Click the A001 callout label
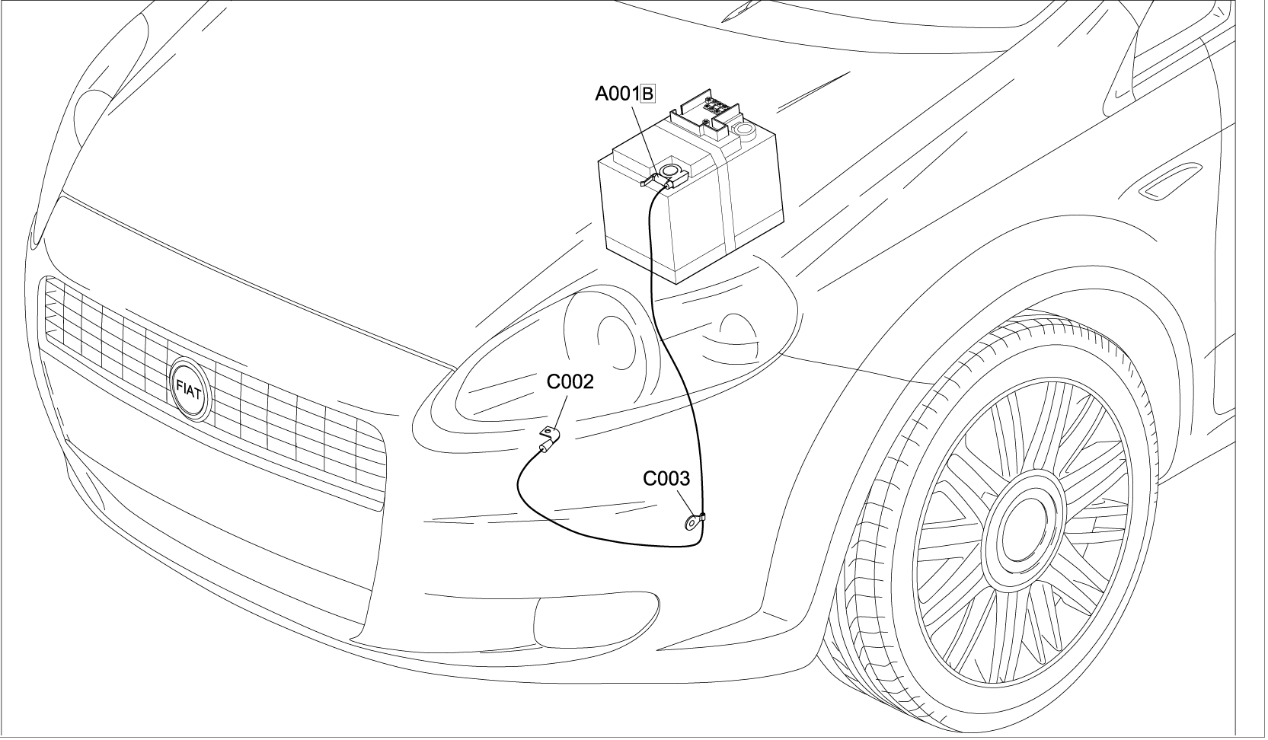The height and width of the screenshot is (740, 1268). coord(617,94)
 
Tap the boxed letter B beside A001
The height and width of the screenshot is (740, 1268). coord(648,94)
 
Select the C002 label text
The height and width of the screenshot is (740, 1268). coord(570,381)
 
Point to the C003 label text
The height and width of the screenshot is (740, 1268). coord(666,478)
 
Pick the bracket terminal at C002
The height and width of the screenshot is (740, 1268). coord(548,435)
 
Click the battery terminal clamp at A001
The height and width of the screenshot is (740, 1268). coord(670,174)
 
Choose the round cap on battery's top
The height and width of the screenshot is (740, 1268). coord(743,136)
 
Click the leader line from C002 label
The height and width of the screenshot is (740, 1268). coord(559,411)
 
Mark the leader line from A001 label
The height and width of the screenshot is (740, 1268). coord(644,133)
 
